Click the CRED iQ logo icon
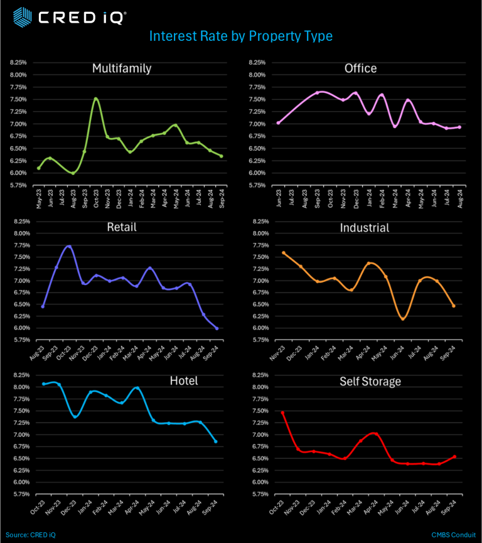22,17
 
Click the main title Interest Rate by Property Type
240,36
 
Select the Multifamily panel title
121,68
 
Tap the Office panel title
360,68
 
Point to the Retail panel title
121,227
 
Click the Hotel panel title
183,380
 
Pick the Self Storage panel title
370,381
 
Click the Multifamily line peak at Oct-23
95,99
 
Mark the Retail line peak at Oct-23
69,246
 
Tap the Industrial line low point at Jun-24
403,319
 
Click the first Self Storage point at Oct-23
283,413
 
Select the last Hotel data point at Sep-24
215,441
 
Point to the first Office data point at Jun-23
278,122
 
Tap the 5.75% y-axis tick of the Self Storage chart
260,494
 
